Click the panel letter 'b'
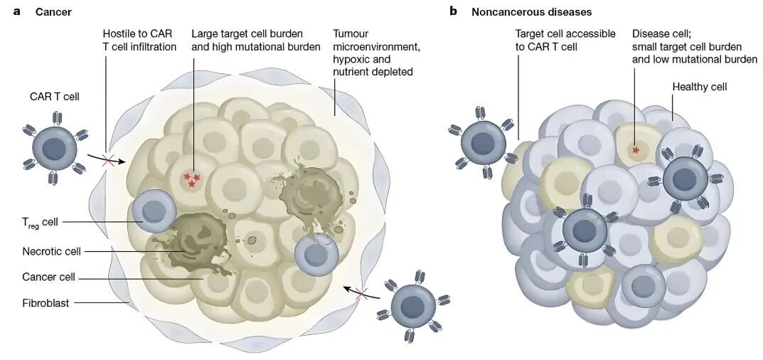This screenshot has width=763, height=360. (452, 11)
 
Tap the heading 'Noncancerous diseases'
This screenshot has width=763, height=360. (531, 12)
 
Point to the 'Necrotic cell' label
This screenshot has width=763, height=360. (52, 251)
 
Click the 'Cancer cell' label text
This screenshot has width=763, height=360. (48, 277)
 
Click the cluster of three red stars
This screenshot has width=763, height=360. (191, 180)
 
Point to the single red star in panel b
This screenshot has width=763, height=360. (635, 150)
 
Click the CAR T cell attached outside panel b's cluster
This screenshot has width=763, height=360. (483, 142)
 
